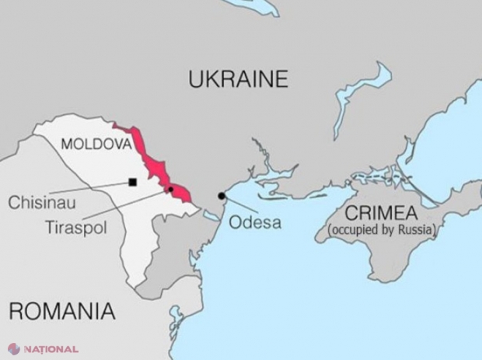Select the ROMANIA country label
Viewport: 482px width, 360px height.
[x=62, y=311]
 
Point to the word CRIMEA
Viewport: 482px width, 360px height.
[x=381, y=212]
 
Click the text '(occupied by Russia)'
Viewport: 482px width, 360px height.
[x=381, y=230]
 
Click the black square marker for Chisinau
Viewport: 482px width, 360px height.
[x=133, y=183]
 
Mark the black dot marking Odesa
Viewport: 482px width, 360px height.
[x=222, y=196]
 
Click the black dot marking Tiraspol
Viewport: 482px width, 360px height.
[x=170, y=188]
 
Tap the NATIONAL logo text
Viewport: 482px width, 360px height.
[x=53, y=349]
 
